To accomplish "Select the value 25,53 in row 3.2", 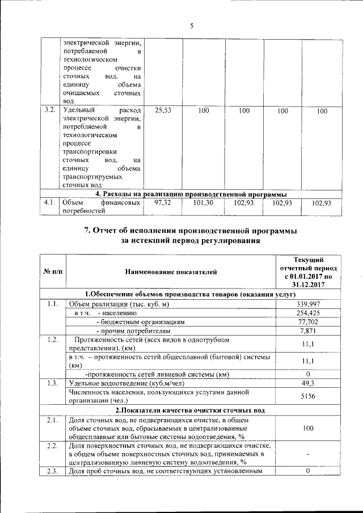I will pyautogui.click(x=163, y=111).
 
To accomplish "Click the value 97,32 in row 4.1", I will pyautogui.click(x=163, y=203).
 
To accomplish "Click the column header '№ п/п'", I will pyautogui.click(x=53, y=273).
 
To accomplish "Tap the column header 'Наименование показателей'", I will pyautogui.click(x=171, y=273).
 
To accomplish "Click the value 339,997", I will pyautogui.click(x=306, y=304).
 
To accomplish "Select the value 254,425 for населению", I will pyautogui.click(x=306, y=313).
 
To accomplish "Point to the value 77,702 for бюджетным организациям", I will pyautogui.click(x=306, y=321).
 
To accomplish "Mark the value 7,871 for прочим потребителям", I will pyautogui.click(x=306, y=330).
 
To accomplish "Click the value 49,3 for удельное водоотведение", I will pyautogui.click(x=306, y=384).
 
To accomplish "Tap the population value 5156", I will pyautogui.click(x=306, y=397).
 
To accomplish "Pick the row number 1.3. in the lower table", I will pyautogui.click(x=53, y=384).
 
